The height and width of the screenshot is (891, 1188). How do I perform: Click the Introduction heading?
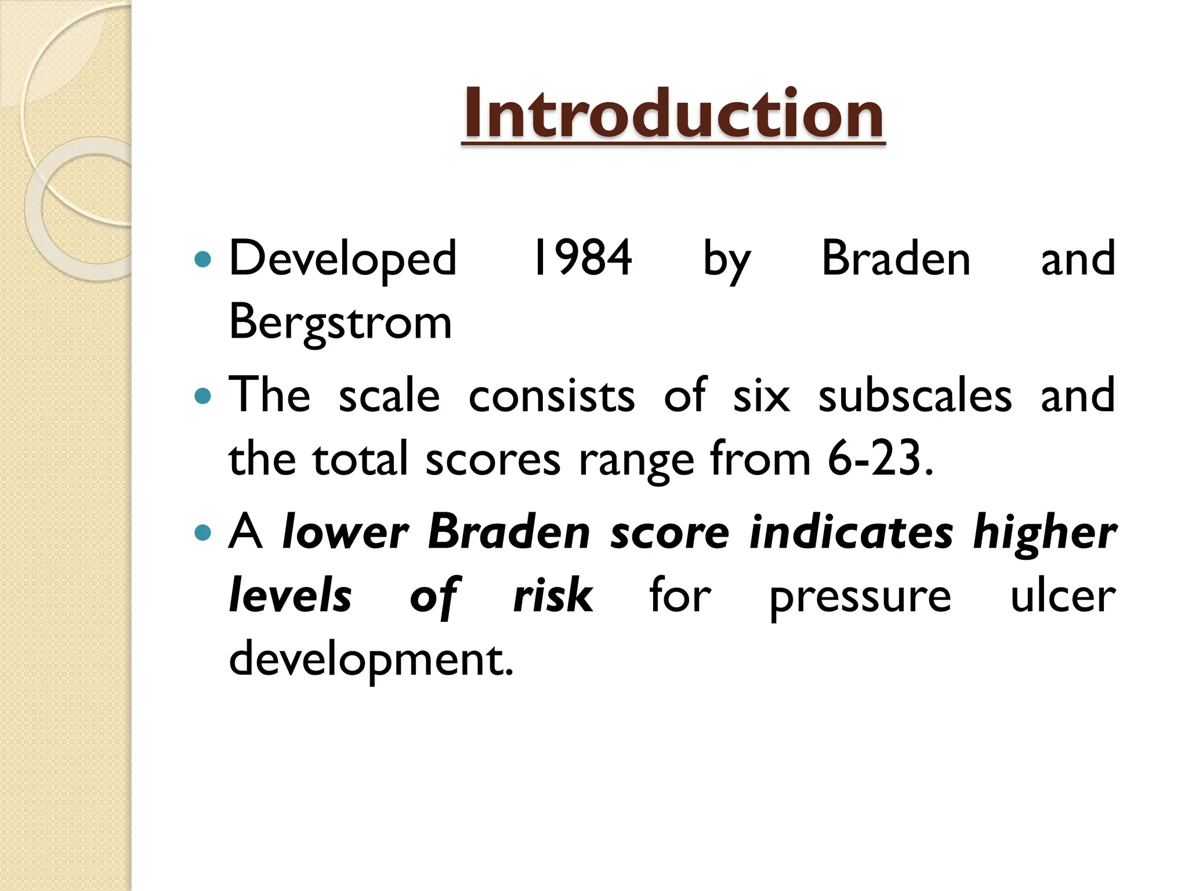click(673, 113)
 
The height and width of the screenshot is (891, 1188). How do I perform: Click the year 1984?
click(582, 258)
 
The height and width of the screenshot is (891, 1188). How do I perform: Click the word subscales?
click(915, 396)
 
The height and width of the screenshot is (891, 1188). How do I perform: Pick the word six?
click(761, 396)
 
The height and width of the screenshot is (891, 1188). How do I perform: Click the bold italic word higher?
click(1044, 533)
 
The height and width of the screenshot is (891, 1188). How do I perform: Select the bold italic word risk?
click(553, 596)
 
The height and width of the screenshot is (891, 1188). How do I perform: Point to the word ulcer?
click(1063, 596)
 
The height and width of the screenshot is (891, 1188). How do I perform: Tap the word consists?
click(551, 396)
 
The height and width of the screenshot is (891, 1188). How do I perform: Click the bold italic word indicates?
click(851, 532)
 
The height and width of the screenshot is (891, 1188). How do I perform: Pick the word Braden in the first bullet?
click(896, 258)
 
